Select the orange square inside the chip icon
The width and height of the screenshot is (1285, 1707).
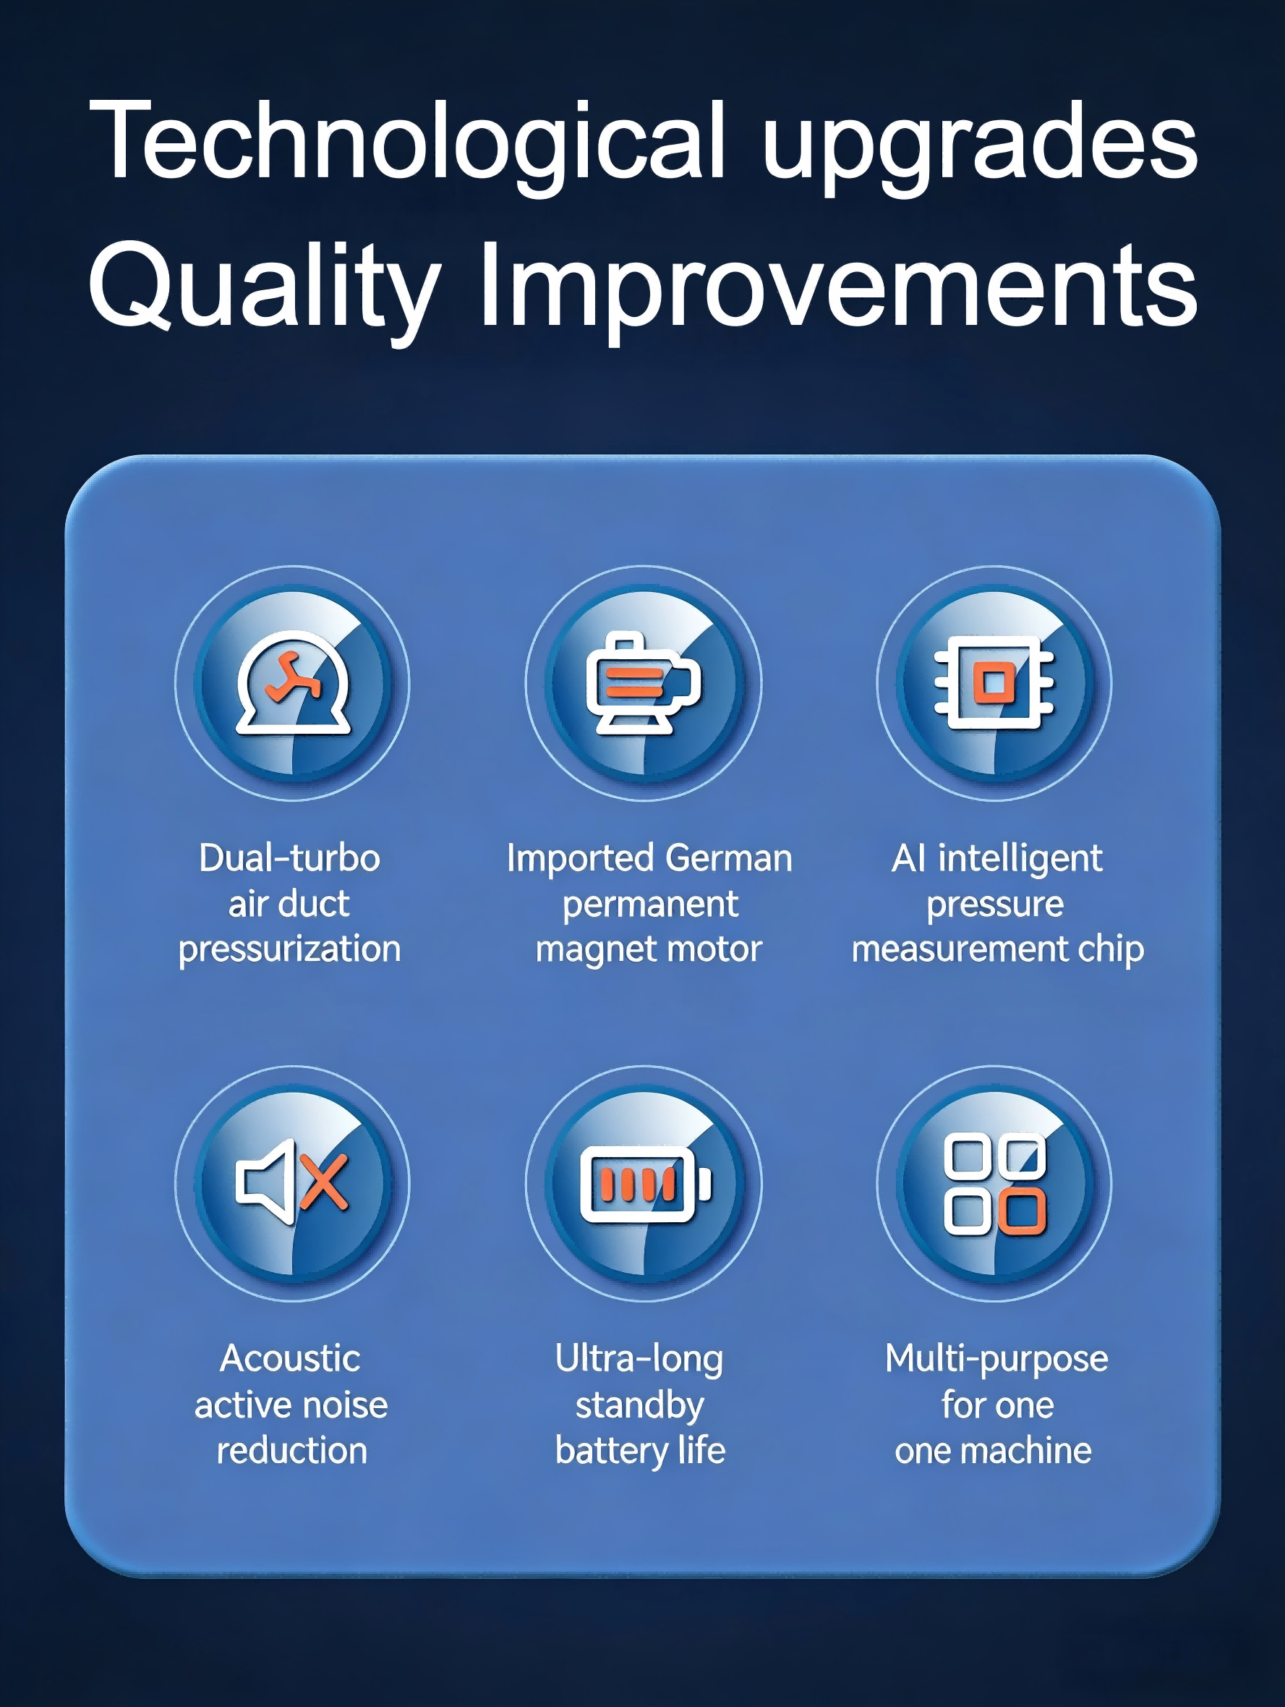tap(994, 683)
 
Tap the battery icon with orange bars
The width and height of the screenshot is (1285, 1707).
tap(645, 1184)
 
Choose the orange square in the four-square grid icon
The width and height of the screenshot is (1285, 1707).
tap(1022, 1211)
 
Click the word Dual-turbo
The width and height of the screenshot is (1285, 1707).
tap(289, 857)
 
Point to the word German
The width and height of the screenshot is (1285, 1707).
tap(728, 857)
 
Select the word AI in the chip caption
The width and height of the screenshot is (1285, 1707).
tap(908, 857)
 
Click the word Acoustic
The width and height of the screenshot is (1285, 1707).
tap(290, 1358)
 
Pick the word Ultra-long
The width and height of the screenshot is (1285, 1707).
tap(639, 1360)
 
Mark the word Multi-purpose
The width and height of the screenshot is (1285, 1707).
tap(996, 1360)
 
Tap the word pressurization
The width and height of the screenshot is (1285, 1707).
tap(290, 949)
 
